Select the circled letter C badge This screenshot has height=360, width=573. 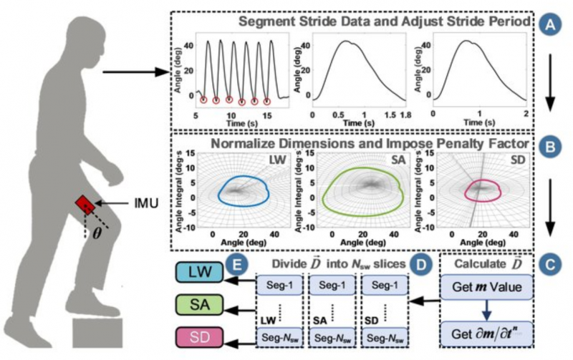pyautogui.click(x=551, y=263)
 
